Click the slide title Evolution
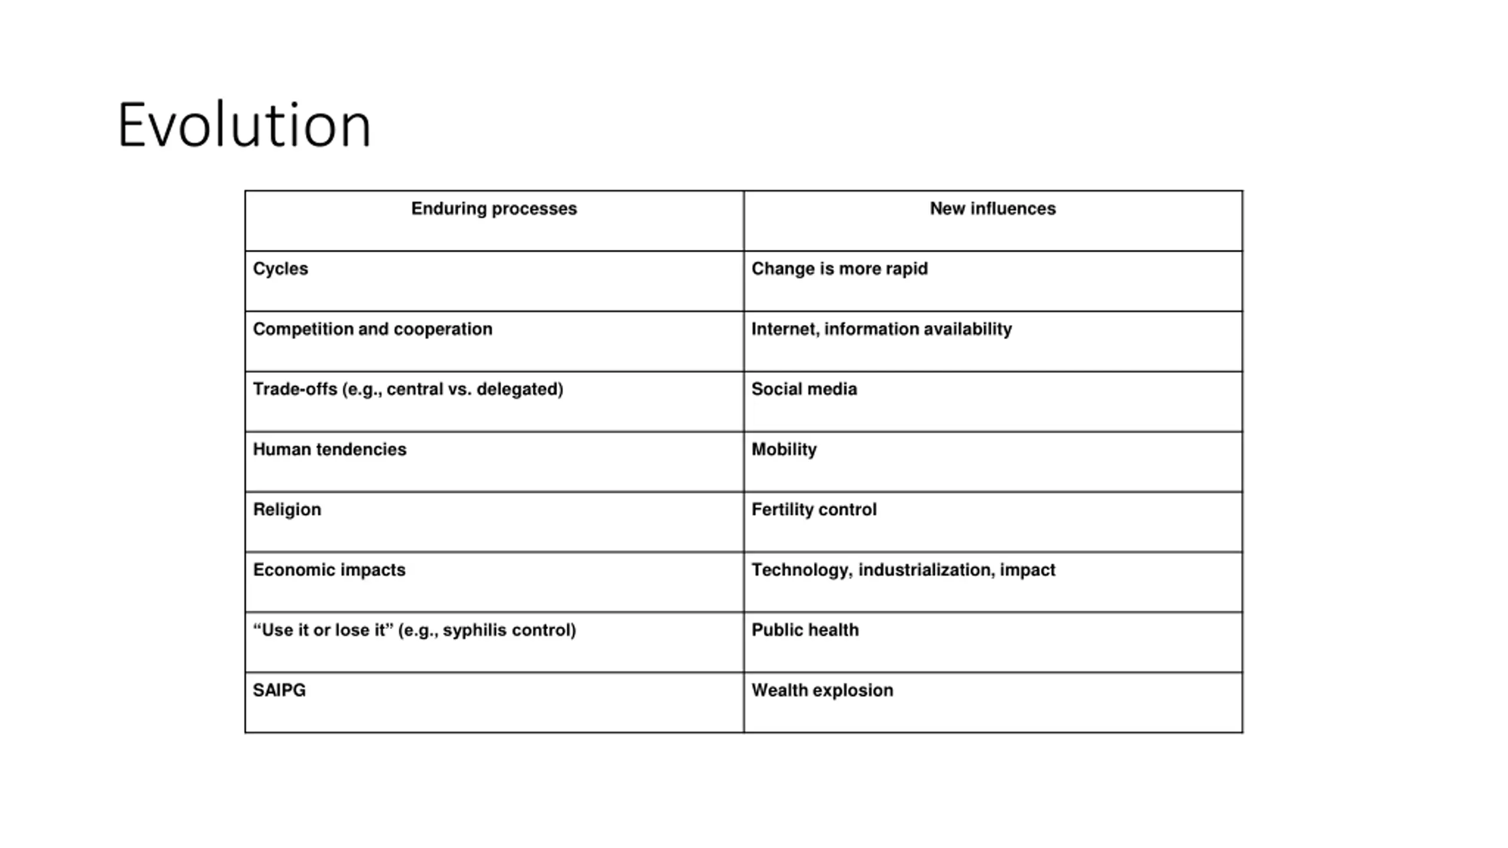point(244,125)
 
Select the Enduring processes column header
point(494,208)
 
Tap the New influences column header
point(993,208)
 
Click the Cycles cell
point(280,269)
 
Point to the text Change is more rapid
point(839,269)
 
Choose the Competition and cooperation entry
point(372,329)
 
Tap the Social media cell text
point(804,389)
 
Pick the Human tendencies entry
point(329,450)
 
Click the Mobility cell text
point(784,450)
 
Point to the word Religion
point(287,510)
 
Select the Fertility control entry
point(813,510)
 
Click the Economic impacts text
point(329,570)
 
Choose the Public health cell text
point(805,630)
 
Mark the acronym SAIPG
point(279,690)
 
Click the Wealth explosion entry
point(822,690)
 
